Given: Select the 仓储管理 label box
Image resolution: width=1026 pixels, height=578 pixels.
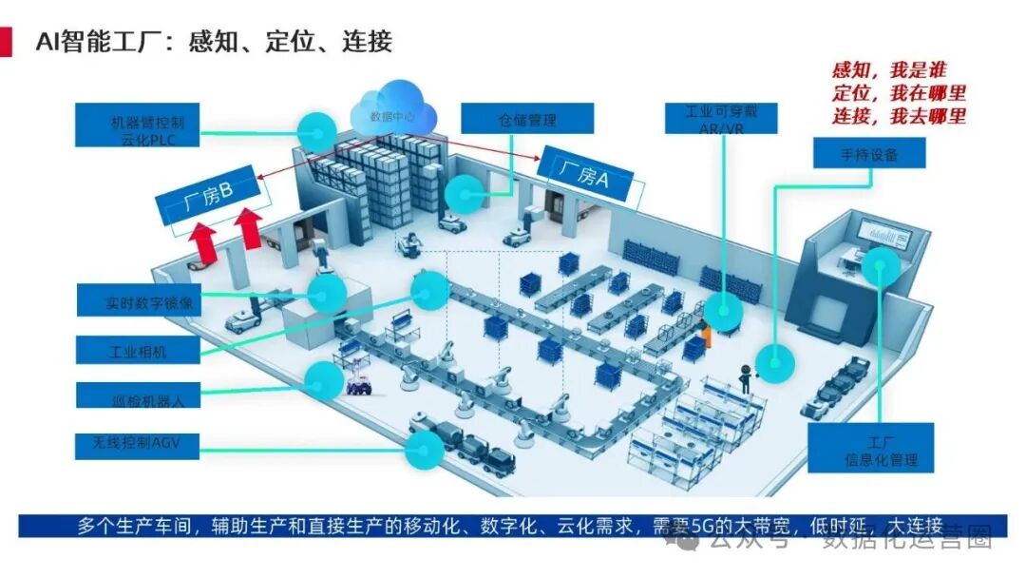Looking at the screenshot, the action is (x=527, y=120).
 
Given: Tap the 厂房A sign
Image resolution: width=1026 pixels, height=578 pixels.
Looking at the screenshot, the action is (x=585, y=176).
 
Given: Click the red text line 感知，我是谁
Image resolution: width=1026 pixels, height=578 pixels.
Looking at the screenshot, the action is (x=889, y=71).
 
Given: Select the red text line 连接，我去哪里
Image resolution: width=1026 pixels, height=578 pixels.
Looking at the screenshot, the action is (x=899, y=116).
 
